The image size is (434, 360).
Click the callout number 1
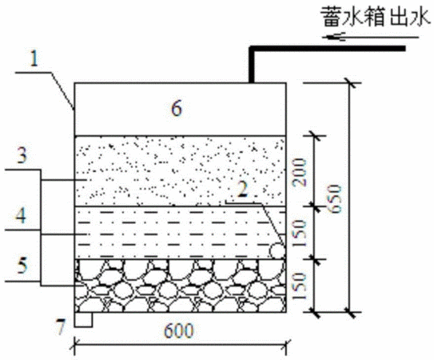tap(34, 58)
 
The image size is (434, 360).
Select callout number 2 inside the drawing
tap(243, 190)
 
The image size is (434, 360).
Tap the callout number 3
tap(22, 155)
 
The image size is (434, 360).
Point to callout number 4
tap(21, 216)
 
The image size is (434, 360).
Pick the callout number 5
tap(22, 266)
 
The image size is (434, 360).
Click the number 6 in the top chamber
tap(177, 108)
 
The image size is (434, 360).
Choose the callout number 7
tap(61, 326)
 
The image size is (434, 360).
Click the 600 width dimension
tap(179, 330)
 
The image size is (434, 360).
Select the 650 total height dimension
tap(336, 198)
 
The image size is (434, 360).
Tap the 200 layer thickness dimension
tap(301, 172)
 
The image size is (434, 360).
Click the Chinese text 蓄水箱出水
tap(376, 18)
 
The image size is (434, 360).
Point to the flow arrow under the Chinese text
tap(370, 37)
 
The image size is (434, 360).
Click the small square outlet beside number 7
tap(83, 319)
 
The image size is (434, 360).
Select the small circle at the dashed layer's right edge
tap(277, 251)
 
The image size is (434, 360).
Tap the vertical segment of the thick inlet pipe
tap(252, 65)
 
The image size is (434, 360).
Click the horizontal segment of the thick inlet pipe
tap(327, 49)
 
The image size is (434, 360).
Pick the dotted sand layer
tap(181, 170)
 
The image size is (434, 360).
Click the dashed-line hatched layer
tap(181, 233)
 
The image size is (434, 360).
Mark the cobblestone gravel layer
tap(181, 286)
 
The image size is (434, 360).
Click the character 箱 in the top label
tap(376, 18)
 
